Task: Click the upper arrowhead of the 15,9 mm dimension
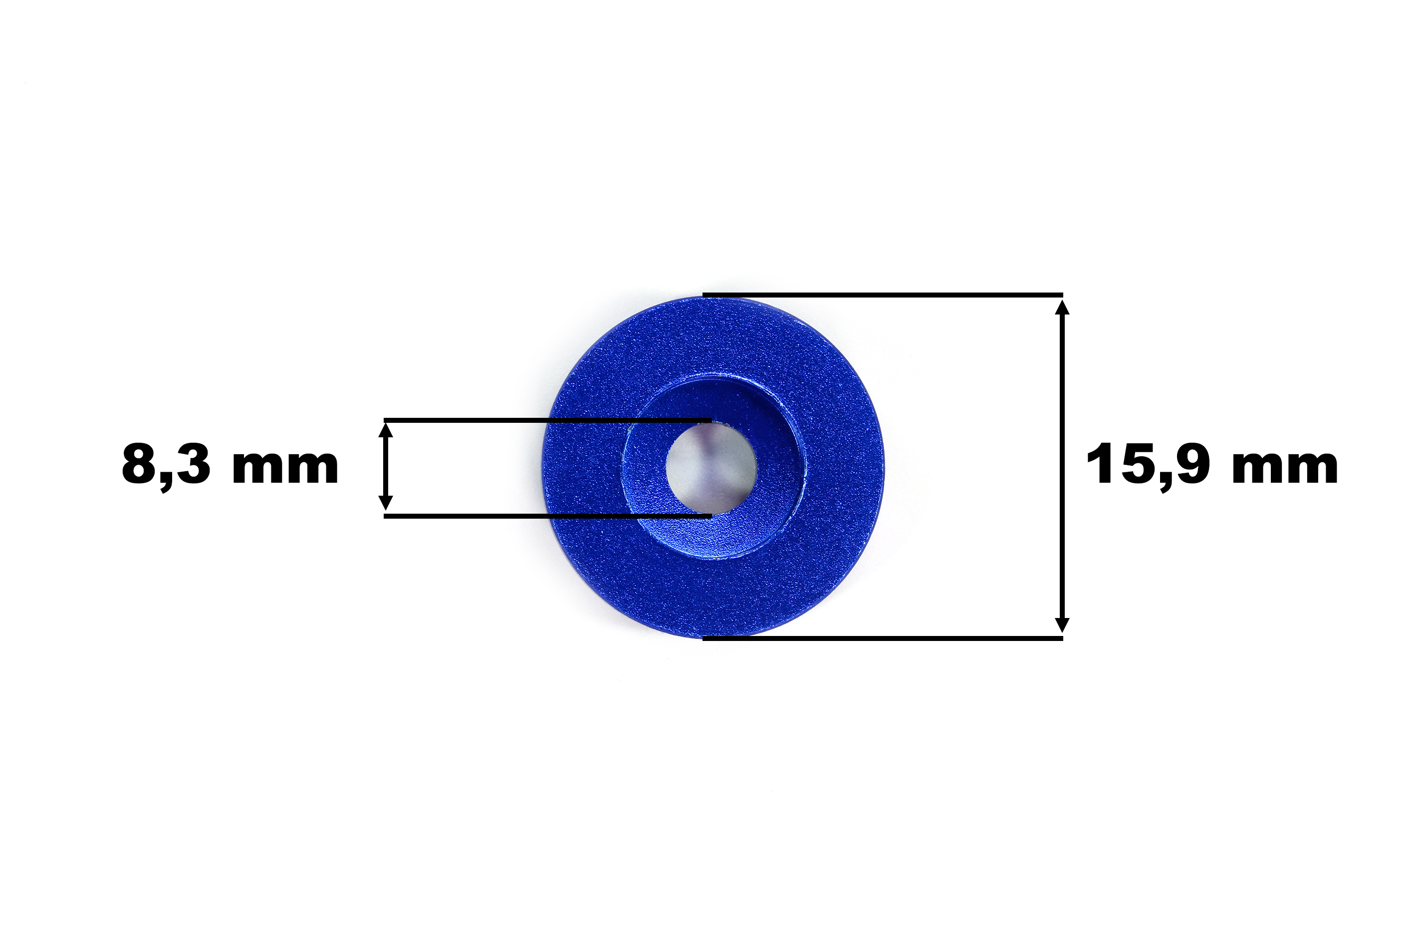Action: [x=1062, y=308]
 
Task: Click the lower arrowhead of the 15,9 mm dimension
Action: [x=1062, y=624]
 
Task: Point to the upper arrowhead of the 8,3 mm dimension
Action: [x=386, y=430]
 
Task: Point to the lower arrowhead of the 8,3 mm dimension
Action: [x=386, y=503]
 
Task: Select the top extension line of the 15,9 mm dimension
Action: [x=883, y=295]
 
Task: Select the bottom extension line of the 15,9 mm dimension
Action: [x=883, y=638]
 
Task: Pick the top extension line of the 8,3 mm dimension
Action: [x=547, y=420]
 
